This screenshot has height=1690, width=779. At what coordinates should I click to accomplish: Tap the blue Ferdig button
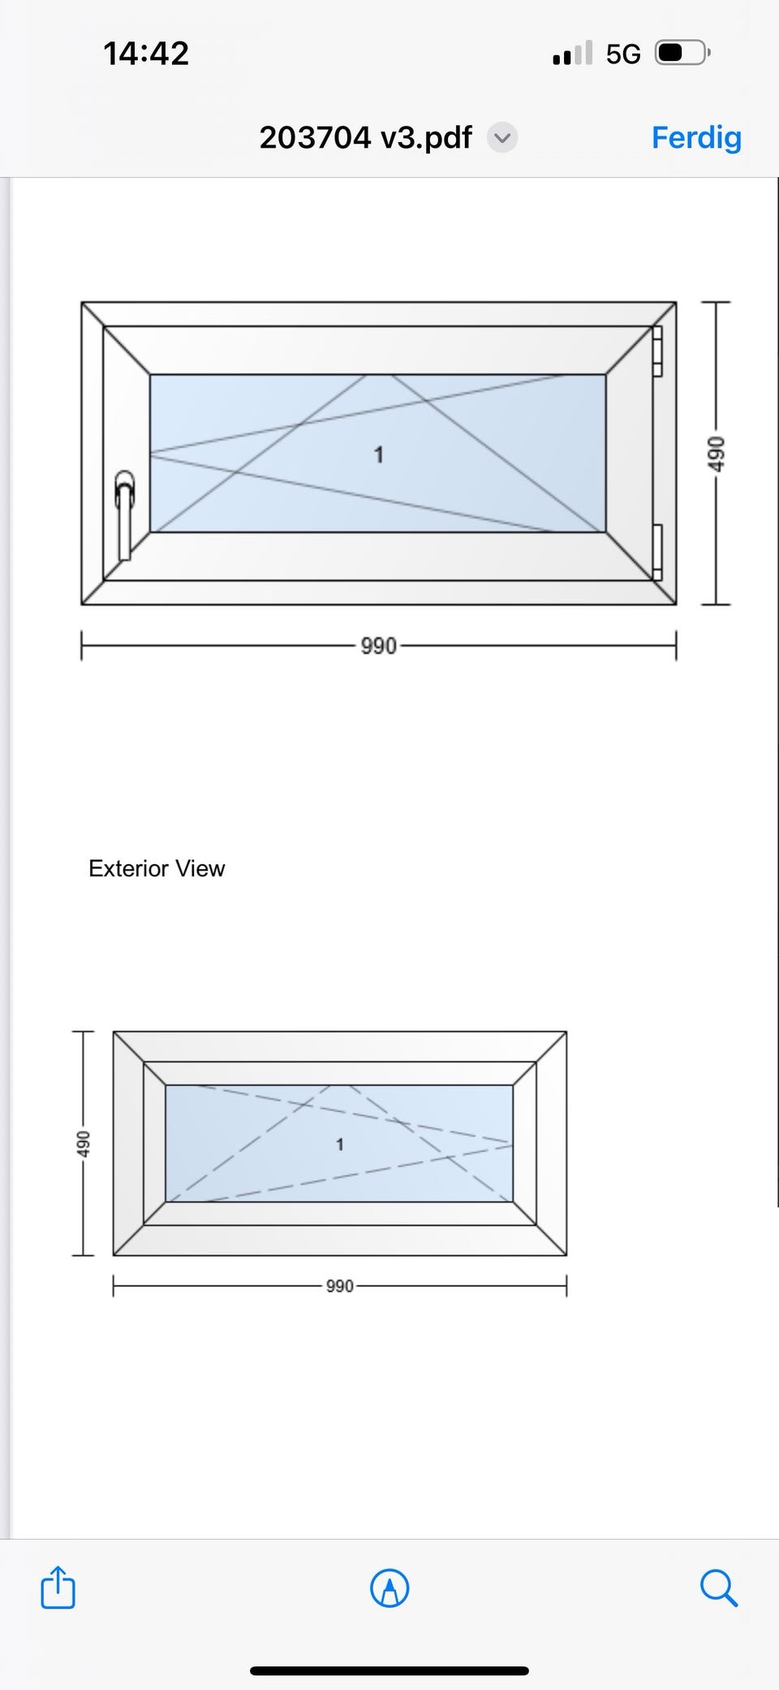click(696, 137)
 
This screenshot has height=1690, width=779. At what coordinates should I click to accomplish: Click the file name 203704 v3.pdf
click(365, 137)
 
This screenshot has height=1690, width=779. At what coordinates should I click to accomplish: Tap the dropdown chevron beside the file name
click(502, 137)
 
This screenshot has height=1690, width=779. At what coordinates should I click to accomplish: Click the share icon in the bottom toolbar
click(58, 1587)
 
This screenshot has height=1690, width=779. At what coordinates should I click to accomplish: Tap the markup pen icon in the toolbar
click(389, 1587)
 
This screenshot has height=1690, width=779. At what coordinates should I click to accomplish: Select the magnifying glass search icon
click(718, 1587)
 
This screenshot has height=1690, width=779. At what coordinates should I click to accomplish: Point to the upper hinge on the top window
click(657, 351)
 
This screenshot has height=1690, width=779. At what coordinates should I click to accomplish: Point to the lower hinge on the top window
click(657, 551)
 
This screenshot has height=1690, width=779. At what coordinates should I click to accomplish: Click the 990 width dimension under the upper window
click(378, 646)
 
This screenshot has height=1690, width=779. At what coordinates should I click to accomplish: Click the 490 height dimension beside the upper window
click(714, 454)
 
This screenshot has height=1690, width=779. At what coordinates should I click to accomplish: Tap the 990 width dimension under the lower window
click(339, 1286)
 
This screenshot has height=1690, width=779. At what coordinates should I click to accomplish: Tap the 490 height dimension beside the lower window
click(83, 1143)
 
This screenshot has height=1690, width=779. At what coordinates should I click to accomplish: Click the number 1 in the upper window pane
click(378, 455)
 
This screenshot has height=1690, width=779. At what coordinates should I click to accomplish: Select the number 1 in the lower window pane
click(339, 1144)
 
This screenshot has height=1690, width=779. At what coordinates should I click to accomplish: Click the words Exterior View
click(157, 868)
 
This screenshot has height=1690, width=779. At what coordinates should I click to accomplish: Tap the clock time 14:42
click(146, 54)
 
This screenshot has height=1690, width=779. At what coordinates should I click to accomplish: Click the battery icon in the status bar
click(682, 54)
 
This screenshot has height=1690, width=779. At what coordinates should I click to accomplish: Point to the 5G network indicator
click(623, 54)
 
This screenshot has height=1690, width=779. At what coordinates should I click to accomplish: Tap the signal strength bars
click(572, 54)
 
